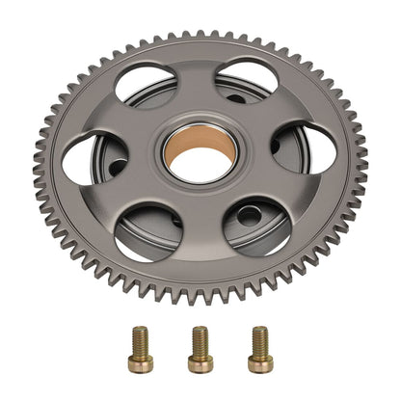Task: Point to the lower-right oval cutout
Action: tap(257, 225)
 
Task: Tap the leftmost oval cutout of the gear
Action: tap(94, 158)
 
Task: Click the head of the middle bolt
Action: tap(200, 363)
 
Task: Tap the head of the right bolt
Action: tap(259, 362)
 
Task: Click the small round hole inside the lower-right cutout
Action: tap(248, 215)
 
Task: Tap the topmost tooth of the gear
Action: tap(200, 36)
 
